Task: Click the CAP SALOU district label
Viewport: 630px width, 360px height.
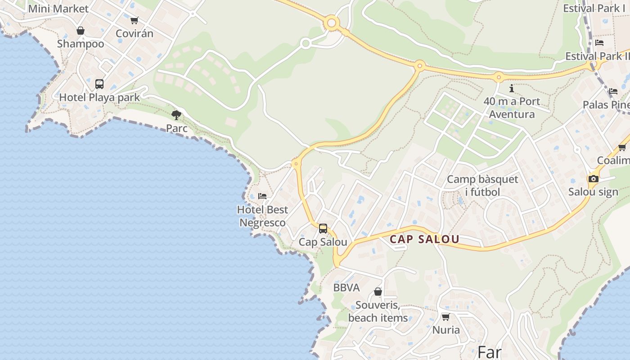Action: (x=424, y=239)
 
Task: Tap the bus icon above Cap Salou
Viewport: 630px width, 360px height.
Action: (x=323, y=229)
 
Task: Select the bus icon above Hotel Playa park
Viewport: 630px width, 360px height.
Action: (x=99, y=84)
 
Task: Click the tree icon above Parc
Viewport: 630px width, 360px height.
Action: (x=176, y=115)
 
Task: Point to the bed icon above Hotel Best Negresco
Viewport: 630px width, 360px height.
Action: (x=262, y=196)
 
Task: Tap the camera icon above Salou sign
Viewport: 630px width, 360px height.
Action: (x=593, y=179)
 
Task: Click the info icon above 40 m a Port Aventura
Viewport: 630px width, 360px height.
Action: (x=512, y=89)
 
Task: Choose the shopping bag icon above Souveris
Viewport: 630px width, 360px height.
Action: (x=378, y=292)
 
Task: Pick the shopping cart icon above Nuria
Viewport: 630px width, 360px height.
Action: (x=446, y=317)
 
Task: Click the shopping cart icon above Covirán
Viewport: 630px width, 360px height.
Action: (x=134, y=20)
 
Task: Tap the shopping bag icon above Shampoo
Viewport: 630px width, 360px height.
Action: (x=81, y=31)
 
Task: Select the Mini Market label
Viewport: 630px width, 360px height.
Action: (x=58, y=9)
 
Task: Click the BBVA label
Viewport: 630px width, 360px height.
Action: (x=346, y=288)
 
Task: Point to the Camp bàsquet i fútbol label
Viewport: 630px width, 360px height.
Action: (x=482, y=185)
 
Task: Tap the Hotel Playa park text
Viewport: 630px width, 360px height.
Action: (x=99, y=97)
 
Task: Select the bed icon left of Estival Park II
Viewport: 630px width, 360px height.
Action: (x=599, y=43)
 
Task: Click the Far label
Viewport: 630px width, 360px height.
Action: (x=490, y=352)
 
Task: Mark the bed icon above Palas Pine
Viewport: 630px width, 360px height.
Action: (x=613, y=91)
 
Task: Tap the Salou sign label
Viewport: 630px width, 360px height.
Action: (x=593, y=192)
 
